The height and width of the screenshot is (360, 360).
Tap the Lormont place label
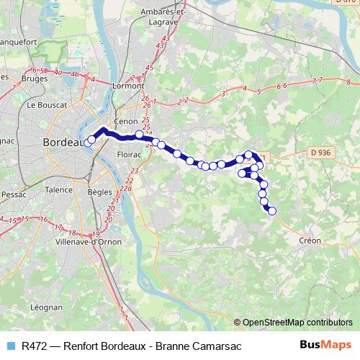coord(127,86)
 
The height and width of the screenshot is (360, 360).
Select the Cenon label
coord(126,122)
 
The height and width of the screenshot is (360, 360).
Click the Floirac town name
coord(128,154)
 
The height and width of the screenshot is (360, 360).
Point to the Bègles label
coord(99,194)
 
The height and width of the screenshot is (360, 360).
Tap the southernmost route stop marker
coord(272,210)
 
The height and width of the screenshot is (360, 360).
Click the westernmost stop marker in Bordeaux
coord(88,143)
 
